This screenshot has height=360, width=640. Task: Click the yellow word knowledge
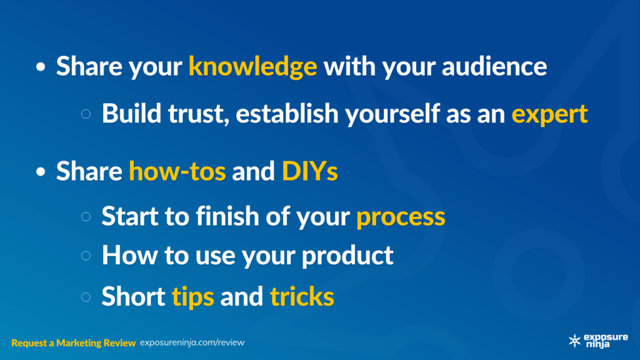pyautogui.click(x=252, y=66)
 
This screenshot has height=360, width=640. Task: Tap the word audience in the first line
pyautogui.click(x=494, y=66)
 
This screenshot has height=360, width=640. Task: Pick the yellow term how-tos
pyautogui.click(x=177, y=171)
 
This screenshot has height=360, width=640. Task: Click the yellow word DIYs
pyautogui.click(x=310, y=171)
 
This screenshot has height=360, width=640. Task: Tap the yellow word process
pyautogui.click(x=401, y=217)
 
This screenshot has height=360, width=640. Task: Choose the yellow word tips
pyautogui.click(x=192, y=297)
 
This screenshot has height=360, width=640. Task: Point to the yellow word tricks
pyautogui.click(x=302, y=296)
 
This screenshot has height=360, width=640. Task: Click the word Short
pyautogui.click(x=133, y=296)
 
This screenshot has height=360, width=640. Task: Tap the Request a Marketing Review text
pyautogui.click(x=74, y=343)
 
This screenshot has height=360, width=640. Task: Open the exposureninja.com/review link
pyautogui.click(x=192, y=342)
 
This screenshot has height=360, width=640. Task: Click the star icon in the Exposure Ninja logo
pyautogui.click(x=575, y=341)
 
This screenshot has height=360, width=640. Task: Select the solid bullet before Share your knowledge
pyautogui.click(x=41, y=67)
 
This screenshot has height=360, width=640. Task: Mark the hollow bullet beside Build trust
pyautogui.click(x=86, y=114)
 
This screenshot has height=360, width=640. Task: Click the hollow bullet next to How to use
pyautogui.click(x=86, y=256)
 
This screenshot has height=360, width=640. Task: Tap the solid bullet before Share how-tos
pyautogui.click(x=41, y=171)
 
